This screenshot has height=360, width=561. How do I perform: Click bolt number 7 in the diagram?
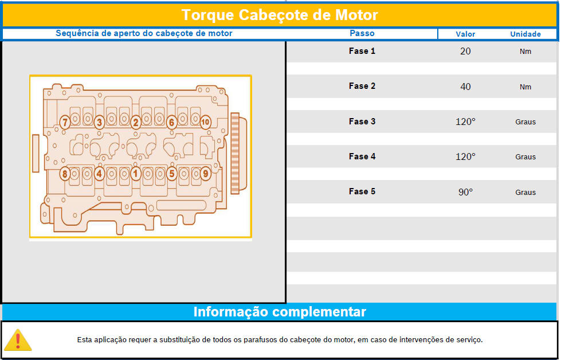[65, 122]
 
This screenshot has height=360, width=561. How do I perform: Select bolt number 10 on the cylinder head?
[205, 122]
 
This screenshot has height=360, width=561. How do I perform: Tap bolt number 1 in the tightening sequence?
[135, 174]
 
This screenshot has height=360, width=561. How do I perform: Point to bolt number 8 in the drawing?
[64, 174]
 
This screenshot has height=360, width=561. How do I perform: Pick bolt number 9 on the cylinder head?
[205, 174]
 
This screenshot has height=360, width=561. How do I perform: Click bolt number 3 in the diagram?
[100, 122]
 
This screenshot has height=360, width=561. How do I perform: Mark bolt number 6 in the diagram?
[172, 122]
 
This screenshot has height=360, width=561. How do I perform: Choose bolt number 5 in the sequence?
[172, 174]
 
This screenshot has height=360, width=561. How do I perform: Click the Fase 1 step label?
[362, 51]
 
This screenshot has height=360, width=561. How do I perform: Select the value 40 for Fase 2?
[465, 87]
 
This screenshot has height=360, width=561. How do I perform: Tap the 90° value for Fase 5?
[465, 192]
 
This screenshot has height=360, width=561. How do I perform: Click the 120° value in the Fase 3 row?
[465, 122]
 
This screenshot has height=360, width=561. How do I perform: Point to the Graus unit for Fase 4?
[525, 156]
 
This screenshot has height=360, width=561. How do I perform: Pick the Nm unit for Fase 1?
[525, 52]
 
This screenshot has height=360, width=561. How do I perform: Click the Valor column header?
[465, 34]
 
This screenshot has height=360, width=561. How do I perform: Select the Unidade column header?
[525, 34]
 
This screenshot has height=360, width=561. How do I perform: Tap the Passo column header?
[362, 33]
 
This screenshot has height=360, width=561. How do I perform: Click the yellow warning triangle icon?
[18, 340]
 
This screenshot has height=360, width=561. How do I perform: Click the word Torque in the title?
[207, 15]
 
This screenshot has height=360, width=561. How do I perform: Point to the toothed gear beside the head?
[235, 153]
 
